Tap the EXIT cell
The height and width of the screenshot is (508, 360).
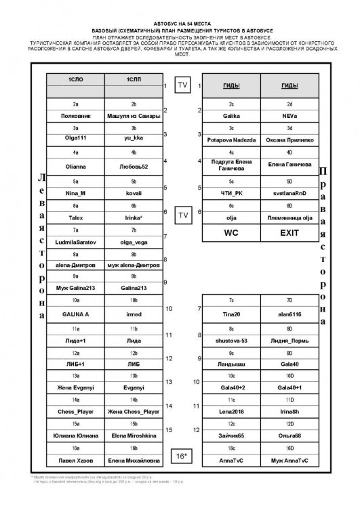tap(289, 232)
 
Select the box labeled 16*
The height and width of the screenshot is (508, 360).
tap(181, 457)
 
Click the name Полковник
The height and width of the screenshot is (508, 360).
tap(76, 117)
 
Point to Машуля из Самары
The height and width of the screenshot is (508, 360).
tap(134, 117)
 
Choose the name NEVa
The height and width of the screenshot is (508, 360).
tap(289, 117)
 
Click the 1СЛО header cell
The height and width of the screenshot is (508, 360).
tap(76, 80)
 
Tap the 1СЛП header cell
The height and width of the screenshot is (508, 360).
tap(134, 80)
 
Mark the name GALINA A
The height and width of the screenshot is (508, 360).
tap(76, 315)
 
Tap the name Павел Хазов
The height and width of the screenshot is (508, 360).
tap(76, 462)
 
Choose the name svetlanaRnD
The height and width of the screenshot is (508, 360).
tap(289, 194)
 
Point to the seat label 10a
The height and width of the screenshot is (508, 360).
tap(76, 299)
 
